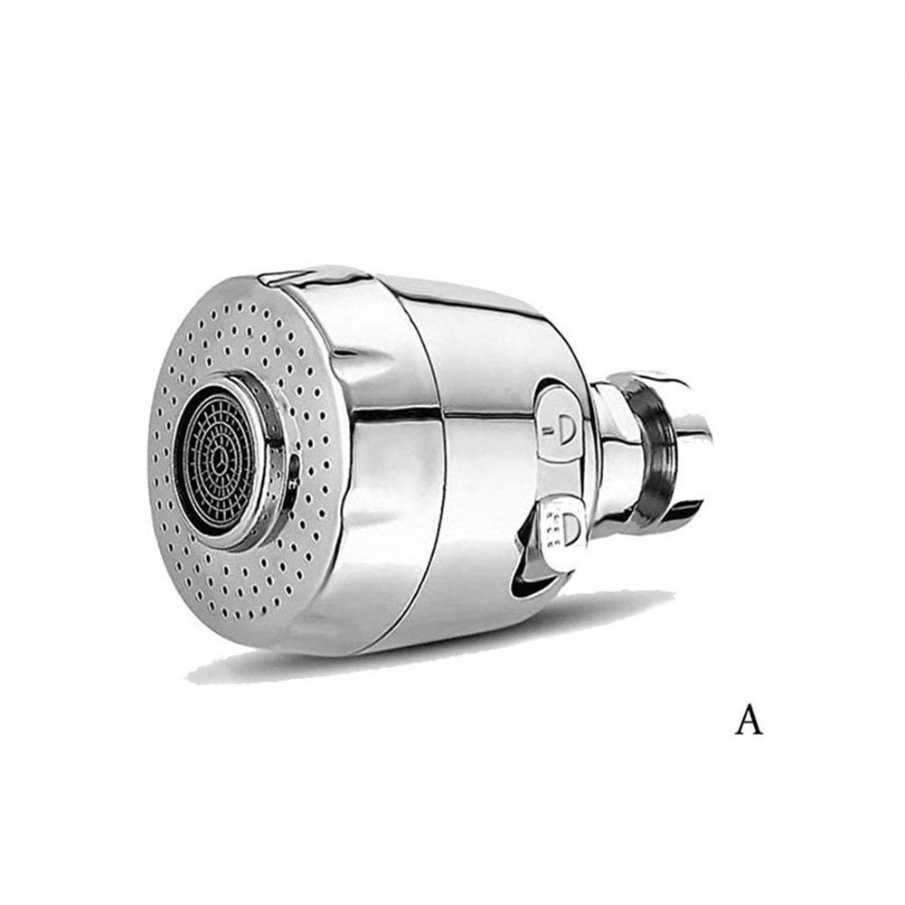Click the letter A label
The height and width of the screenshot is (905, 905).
[x=749, y=719]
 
